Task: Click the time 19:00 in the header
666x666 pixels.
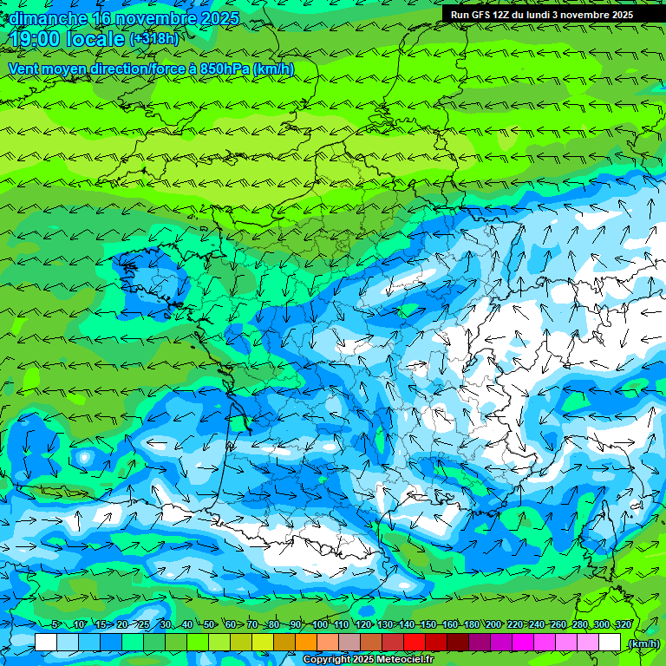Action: [38, 38]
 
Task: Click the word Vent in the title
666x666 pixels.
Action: [23, 69]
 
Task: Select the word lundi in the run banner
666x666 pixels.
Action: [550, 15]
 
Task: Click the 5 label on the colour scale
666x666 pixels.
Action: [55, 624]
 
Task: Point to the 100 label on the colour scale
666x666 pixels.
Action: [320, 624]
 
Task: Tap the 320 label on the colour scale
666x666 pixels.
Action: [623, 624]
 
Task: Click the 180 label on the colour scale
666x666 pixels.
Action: [472, 624]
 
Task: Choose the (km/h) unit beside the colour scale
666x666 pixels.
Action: [643, 643]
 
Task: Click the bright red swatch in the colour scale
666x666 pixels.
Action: [415, 643]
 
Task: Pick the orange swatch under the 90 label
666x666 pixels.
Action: [306, 643]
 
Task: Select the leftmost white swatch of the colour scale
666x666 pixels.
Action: [46, 643]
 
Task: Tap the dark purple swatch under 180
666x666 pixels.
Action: [480, 643]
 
